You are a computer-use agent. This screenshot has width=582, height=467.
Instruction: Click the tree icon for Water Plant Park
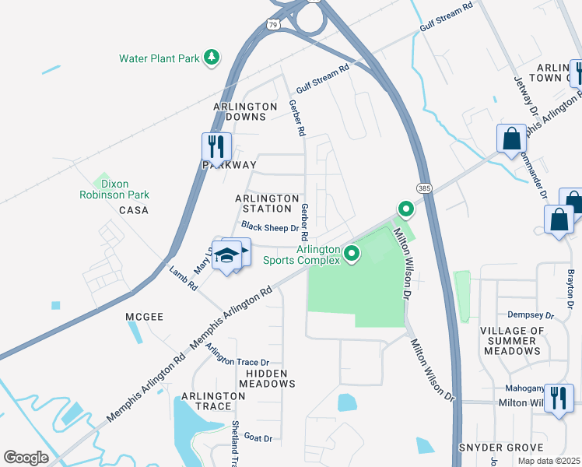tap(211, 58)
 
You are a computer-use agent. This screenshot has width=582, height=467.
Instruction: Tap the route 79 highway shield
tap(272, 25)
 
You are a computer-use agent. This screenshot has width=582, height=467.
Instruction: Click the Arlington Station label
tap(267, 203)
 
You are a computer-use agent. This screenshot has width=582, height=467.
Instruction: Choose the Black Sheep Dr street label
tap(269, 227)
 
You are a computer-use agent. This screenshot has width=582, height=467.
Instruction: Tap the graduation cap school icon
tap(226, 255)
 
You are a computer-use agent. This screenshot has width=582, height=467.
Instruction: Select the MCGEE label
tap(144, 317)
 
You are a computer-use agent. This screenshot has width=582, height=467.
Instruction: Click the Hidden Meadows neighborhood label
tap(267, 378)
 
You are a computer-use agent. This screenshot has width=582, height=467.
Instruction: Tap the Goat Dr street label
tap(257, 438)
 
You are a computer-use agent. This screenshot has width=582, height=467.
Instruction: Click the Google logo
tap(26, 458)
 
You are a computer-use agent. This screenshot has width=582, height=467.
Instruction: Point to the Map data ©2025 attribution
tap(548, 461)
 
